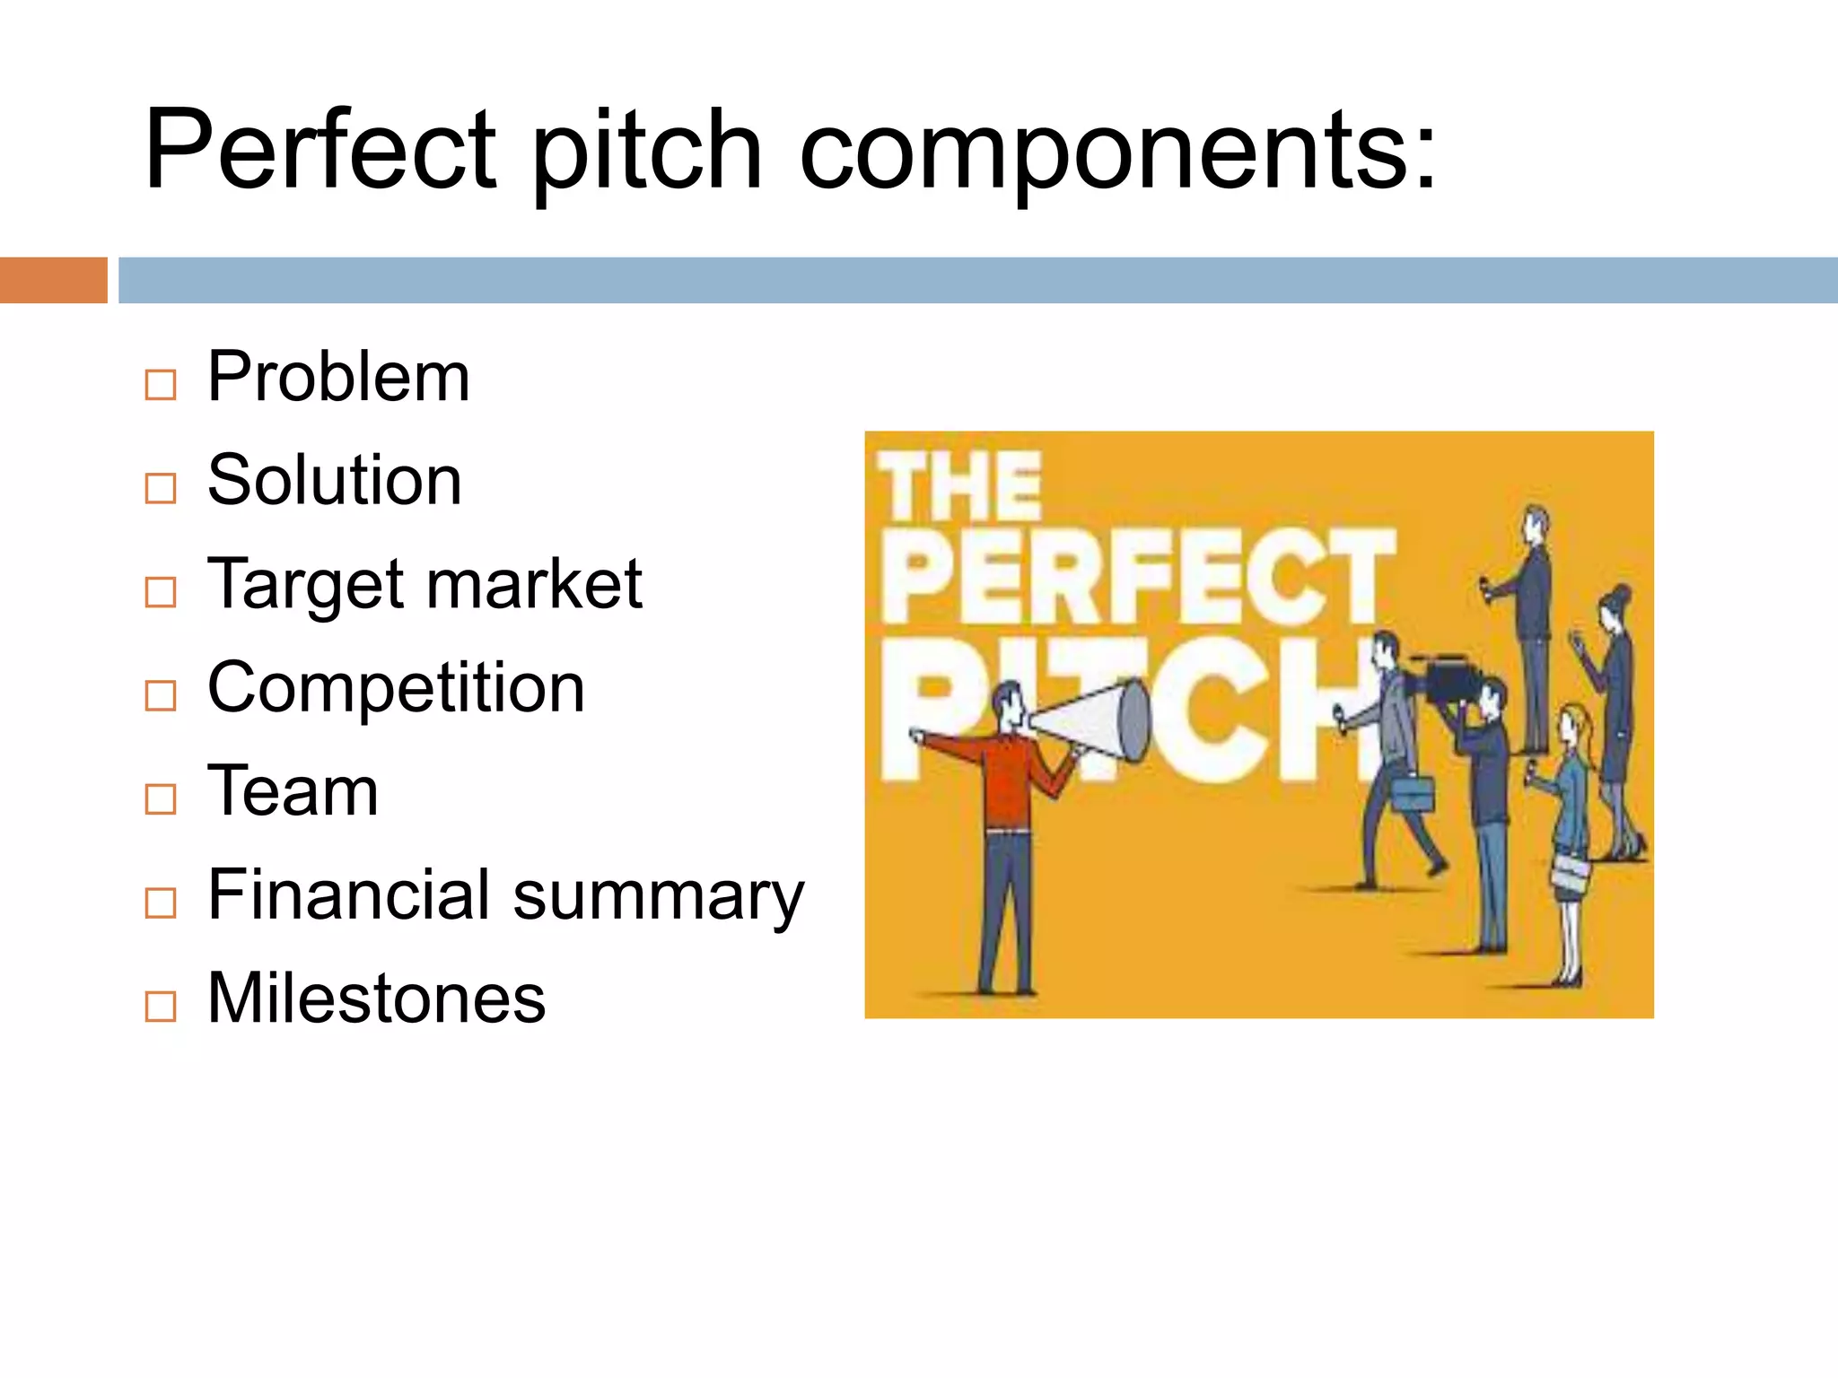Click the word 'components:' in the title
(1117, 153)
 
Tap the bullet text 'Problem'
(338, 377)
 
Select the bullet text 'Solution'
(334, 481)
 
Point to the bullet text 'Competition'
(396, 688)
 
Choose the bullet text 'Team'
(293, 791)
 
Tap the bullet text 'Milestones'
(376, 999)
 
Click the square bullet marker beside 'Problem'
(161, 385)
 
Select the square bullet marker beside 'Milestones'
(161, 1007)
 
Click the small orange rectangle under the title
(53, 280)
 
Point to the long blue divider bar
(977, 280)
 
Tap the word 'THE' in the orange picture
(959, 487)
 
